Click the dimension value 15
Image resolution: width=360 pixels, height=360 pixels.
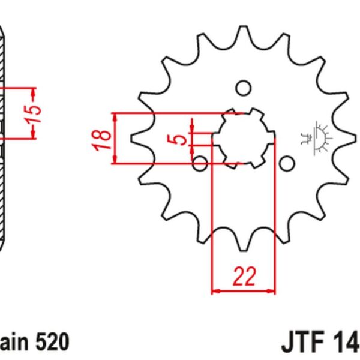tap(35, 114)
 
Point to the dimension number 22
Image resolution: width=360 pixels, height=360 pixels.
tap(244, 277)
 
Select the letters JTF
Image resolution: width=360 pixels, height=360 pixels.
tap(302, 343)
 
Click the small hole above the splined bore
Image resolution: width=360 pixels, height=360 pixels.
tap(243, 88)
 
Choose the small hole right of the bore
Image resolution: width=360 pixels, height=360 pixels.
tap(287, 163)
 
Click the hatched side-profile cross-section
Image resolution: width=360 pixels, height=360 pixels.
tap(5, 138)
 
